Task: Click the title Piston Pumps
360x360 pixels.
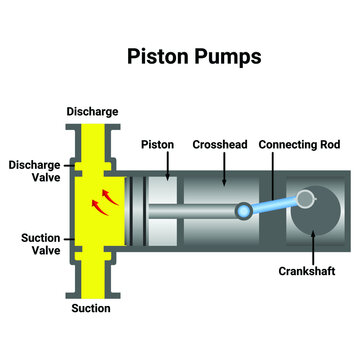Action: click(x=194, y=56)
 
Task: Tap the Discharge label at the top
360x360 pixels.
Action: click(x=92, y=111)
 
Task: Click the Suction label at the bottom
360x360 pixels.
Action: click(x=91, y=309)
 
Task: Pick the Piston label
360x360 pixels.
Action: click(x=158, y=144)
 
